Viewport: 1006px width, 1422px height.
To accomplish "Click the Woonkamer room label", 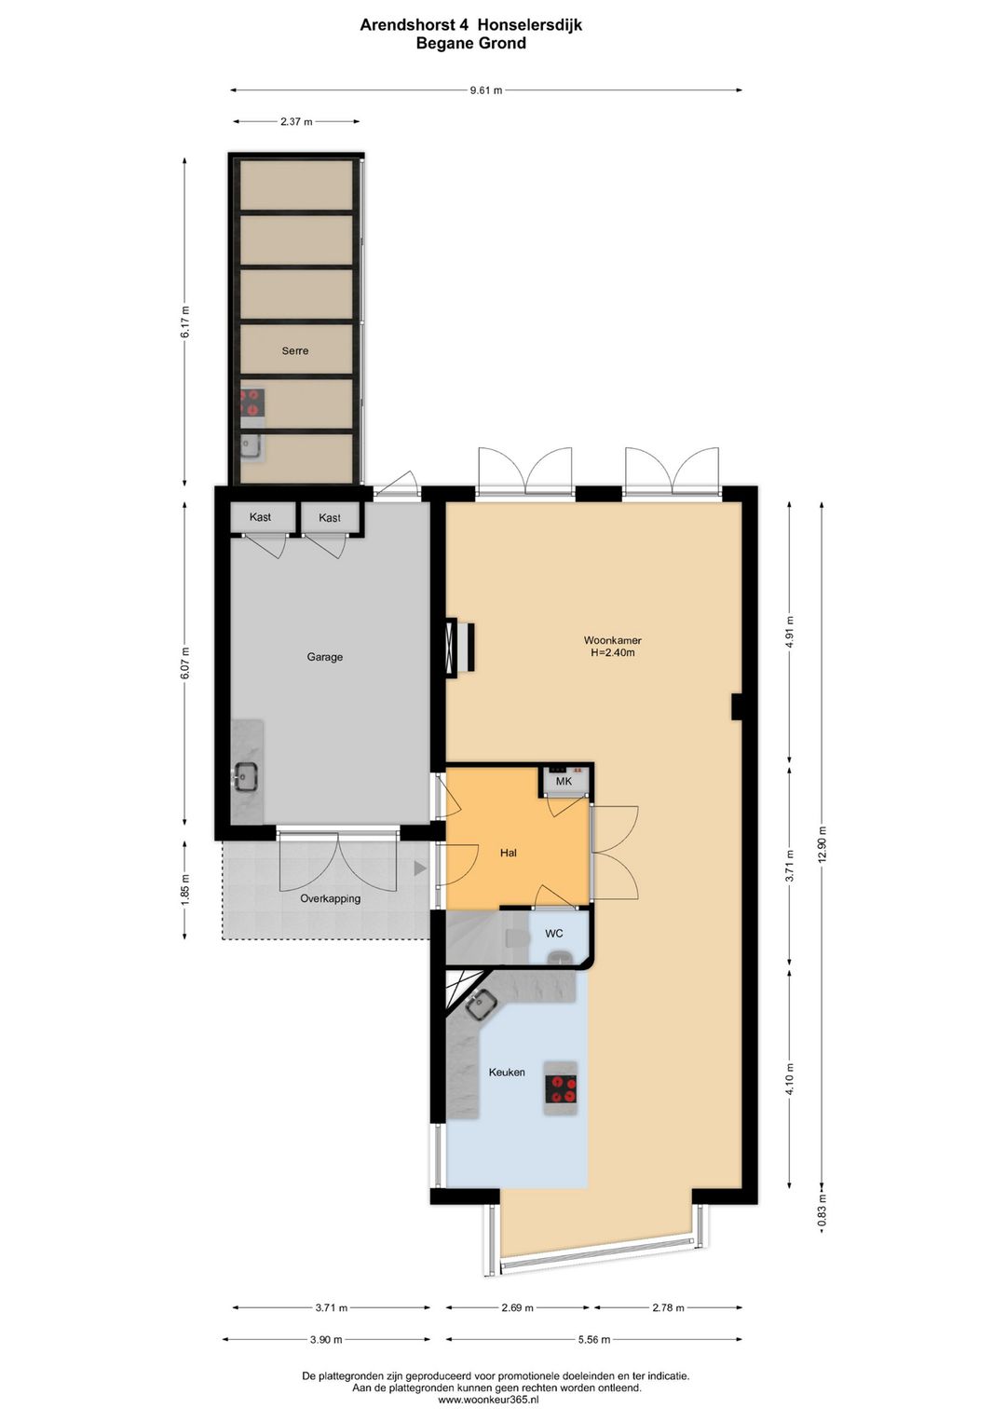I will coord(612,640).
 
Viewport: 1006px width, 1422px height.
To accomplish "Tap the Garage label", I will coord(325,657).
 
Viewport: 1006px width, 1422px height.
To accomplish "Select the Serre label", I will coord(295,351).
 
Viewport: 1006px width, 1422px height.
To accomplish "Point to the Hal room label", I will coord(508,853).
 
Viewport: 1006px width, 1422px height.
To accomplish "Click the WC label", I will coord(554,933).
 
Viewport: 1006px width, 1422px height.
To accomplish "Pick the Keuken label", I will coord(507,1073).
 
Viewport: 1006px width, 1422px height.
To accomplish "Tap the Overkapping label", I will coord(330,899).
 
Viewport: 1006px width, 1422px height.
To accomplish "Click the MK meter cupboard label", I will coord(564,782).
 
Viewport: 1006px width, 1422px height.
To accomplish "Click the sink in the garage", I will coord(246,775).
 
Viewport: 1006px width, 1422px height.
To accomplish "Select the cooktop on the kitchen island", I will coord(561,1087).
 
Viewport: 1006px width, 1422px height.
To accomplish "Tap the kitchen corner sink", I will coord(482,1005).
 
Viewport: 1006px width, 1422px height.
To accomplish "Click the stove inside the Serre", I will coord(251,402).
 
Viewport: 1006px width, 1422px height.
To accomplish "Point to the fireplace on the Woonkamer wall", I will coord(459,647).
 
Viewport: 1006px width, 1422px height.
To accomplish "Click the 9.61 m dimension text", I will coord(485,90).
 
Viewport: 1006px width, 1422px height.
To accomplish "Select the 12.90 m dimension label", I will coord(822,844).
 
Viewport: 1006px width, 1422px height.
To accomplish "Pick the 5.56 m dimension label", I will coord(593,1340).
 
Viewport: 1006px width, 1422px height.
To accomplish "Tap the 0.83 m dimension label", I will coord(822,1211).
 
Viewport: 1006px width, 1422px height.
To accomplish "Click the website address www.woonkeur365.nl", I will coord(488,1400).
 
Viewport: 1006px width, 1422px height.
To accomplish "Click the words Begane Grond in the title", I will coord(470,44).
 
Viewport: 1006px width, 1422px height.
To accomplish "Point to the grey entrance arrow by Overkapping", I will coord(420,868).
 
